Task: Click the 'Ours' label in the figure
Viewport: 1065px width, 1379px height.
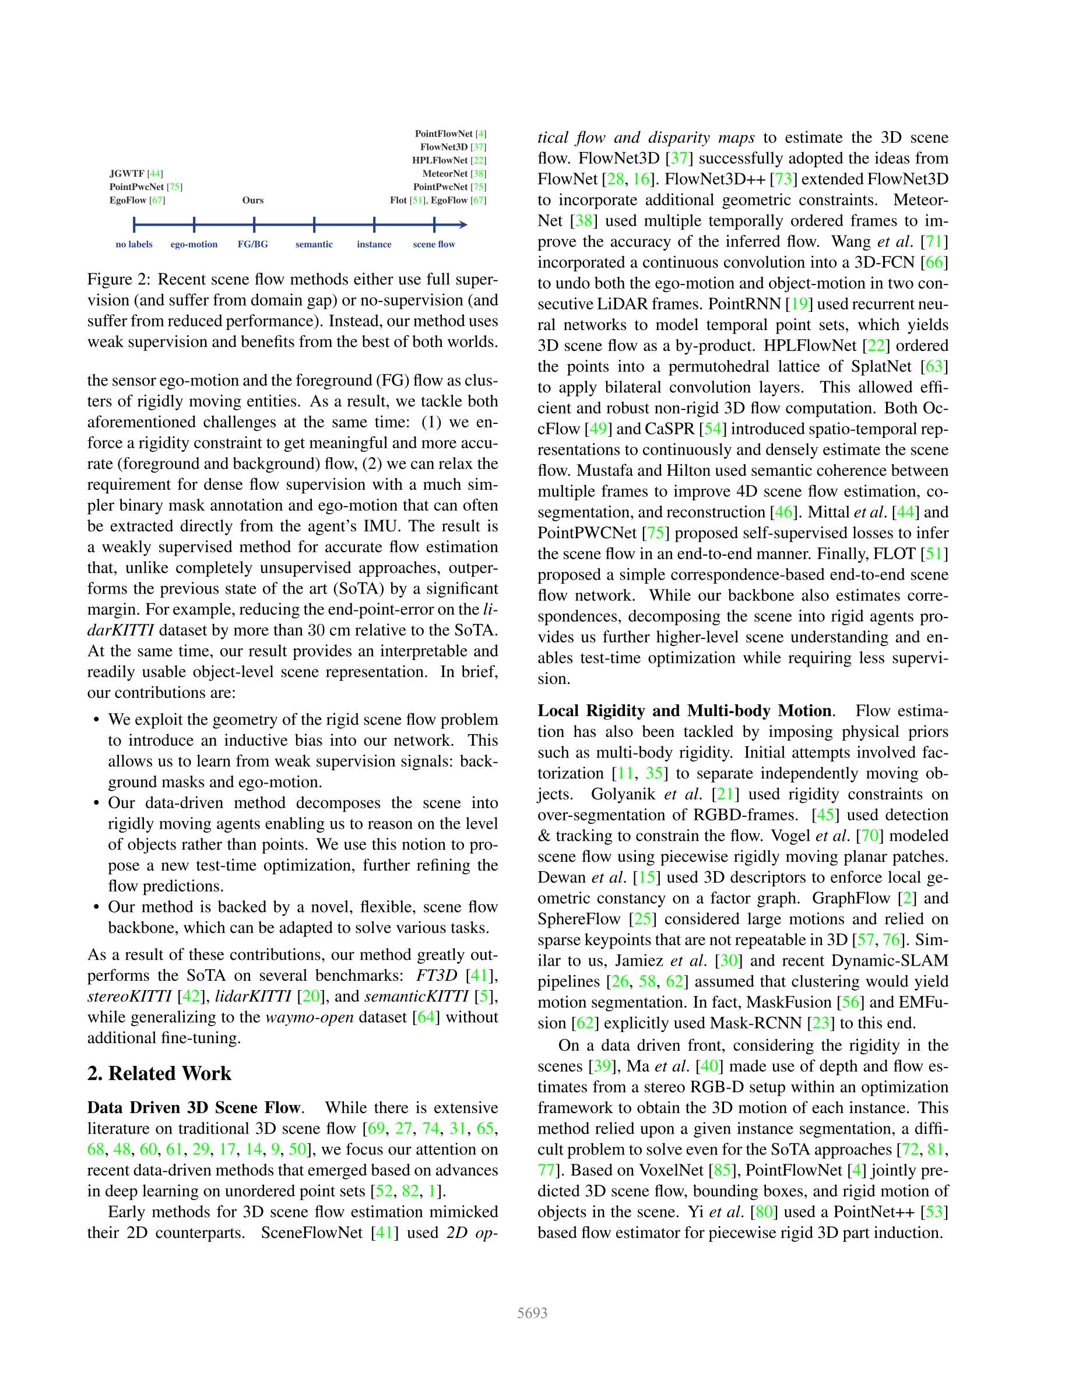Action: tap(252, 200)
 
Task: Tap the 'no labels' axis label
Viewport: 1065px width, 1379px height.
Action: tap(134, 244)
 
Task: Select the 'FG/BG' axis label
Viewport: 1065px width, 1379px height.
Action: tap(252, 244)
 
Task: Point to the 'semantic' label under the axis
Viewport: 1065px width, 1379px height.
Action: tap(314, 244)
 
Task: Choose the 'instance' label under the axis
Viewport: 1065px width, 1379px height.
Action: tap(374, 244)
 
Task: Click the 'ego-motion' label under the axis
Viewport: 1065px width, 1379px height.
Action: tap(194, 244)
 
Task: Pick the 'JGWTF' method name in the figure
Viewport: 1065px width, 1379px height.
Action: tap(127, 174)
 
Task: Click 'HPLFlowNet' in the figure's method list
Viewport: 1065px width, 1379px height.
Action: tap(440, 160)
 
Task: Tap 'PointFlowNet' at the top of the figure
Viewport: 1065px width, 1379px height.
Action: tap(443, 134)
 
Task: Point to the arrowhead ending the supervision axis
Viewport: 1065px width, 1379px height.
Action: tap(464, 224)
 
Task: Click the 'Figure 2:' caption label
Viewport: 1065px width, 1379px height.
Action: tap(119, 280)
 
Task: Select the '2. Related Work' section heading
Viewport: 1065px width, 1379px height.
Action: tap(159, 1073)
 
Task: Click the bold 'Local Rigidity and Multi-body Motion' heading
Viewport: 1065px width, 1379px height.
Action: tap(684, 711)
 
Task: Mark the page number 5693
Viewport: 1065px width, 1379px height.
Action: tap(532, 1313)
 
